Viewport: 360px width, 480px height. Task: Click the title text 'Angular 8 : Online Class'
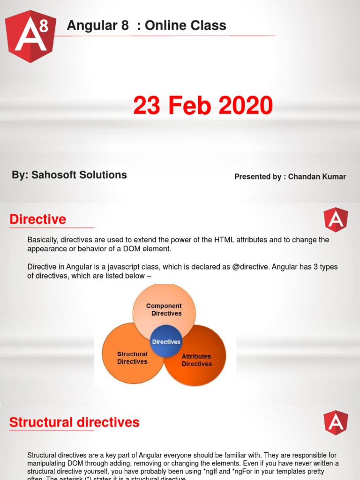146,26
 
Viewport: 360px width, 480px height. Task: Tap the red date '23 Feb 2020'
202,105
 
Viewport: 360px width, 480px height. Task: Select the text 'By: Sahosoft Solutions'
69,175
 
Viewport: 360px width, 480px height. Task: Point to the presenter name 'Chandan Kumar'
317,177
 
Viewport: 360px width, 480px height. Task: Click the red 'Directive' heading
38,219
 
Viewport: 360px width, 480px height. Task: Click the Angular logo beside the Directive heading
336,220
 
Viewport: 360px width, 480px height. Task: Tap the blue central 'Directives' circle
166,342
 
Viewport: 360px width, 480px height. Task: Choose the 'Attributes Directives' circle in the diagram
196,360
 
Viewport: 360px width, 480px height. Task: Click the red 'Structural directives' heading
75,422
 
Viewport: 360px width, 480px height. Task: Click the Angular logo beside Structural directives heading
336,423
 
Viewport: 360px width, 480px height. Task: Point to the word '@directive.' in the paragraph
236,267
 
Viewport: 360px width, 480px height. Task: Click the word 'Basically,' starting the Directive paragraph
43,240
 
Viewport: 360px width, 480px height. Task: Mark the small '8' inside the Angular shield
44,27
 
